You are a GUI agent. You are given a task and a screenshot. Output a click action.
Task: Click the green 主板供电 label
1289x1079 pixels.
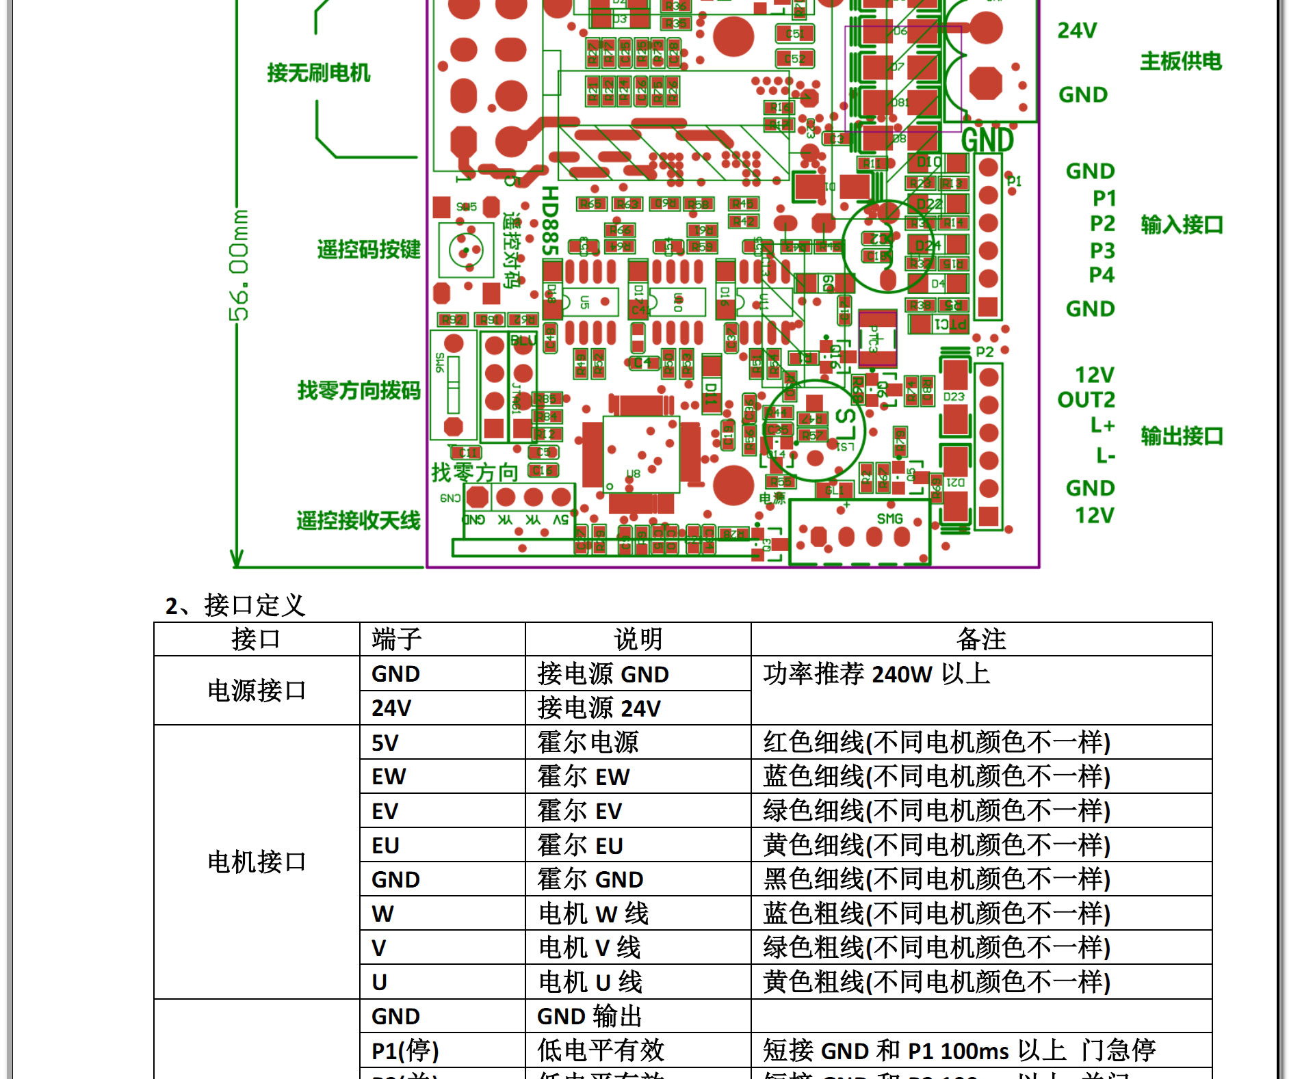[1180, 62]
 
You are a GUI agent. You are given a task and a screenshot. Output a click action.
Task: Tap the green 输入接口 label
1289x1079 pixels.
[1181, 224]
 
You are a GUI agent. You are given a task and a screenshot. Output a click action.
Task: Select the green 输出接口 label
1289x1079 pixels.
[1181, 436]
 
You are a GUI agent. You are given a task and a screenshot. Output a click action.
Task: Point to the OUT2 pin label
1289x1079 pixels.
[1086, 399]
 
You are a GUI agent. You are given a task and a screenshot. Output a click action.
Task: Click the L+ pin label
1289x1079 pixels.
[1102, 425]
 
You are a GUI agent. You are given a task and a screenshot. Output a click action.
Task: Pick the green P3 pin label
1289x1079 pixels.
[1102, 250]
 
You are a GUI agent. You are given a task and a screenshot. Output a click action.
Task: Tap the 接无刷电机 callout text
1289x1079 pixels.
[318, 72]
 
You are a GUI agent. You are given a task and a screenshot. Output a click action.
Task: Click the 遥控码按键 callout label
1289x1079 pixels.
[368, 250]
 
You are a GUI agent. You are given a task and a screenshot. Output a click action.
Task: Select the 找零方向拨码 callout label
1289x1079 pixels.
[359, 390]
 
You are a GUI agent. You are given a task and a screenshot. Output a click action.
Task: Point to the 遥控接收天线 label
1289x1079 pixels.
[358, 520]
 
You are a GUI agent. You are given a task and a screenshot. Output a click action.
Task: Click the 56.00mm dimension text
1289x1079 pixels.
[239, 265]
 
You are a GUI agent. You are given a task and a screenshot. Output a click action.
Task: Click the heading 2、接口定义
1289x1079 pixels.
[235, 605]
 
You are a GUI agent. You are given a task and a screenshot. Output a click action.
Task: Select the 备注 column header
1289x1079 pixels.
[980, 639]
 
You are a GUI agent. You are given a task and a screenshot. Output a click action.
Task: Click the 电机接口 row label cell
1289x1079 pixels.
[257, 862]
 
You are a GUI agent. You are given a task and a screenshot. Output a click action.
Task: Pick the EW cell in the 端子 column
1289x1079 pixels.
[389, 777]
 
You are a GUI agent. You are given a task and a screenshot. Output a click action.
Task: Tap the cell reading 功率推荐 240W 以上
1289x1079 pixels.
[876, 674]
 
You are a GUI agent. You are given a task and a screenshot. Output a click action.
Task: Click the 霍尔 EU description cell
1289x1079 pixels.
[580, 845]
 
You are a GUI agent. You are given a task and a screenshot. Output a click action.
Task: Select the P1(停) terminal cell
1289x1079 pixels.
[405, 1050]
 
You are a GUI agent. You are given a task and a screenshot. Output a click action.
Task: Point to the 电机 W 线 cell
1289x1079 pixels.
[593, 914]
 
